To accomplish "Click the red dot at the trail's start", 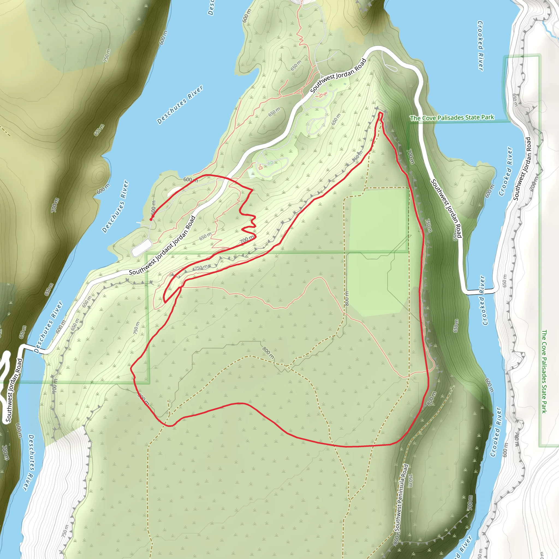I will tap(151, 219).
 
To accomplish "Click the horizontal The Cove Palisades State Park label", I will tap(452, 118).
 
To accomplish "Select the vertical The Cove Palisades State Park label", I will tap(544, 371).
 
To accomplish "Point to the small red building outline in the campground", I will tap(260, 167).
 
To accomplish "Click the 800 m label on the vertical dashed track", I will tap(347, 299).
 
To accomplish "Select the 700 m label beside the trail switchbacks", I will tap(247, 240).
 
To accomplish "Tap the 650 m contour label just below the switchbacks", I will tap(205, 236).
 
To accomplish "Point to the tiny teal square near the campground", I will tap(345, 84).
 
